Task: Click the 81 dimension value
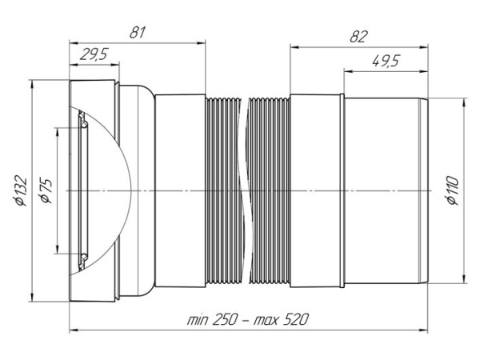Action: point(137,32)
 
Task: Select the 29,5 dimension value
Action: point(94,54)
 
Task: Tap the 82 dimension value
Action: point(358,37)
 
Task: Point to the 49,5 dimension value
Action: point(386,61)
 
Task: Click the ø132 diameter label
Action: point(21,190)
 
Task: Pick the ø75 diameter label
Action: point(46,191)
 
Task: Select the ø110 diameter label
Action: point(453,190)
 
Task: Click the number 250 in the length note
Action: point(224,320)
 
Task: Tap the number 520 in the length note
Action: point(295,320)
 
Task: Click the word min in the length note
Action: point(198,321)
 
